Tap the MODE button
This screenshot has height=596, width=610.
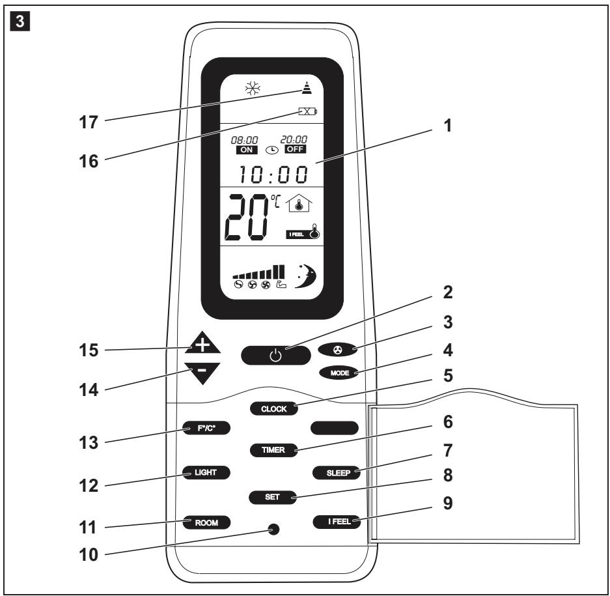339,373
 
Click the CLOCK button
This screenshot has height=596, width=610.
274,409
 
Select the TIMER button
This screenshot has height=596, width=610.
273,450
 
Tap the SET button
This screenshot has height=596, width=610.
272,497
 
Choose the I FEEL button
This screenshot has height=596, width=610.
337,521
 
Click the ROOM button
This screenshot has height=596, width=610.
206,522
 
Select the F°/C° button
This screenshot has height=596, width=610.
206,428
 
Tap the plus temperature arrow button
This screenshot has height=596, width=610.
202,343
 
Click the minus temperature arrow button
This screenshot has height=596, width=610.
202,373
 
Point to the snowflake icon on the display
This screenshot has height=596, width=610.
253,89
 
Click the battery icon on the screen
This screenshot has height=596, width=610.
308,112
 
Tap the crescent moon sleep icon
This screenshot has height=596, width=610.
306,276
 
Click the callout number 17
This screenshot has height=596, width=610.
89,122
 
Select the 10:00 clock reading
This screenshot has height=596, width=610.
273,174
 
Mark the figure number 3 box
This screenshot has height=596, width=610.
20,21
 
